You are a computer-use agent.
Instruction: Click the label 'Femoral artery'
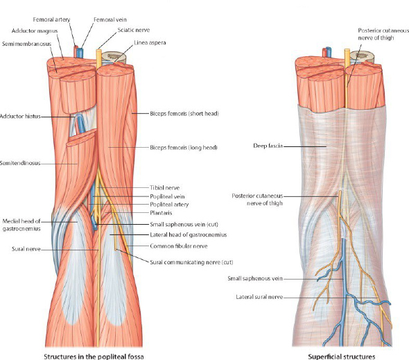51,19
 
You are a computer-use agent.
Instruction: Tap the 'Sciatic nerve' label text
134,30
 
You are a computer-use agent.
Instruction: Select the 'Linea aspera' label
150,42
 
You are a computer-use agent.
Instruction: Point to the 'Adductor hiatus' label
20,117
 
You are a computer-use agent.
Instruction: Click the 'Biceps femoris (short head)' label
184,114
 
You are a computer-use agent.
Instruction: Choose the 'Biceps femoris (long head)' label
184,148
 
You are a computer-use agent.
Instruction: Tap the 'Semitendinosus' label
20,163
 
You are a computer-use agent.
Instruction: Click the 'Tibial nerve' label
164,188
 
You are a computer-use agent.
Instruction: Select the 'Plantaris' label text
161,213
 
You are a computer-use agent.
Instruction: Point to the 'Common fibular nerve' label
178,246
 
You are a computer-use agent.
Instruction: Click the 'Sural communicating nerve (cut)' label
191,262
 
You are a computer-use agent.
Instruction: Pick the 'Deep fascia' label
268,146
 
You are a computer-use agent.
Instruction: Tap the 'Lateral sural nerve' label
259,297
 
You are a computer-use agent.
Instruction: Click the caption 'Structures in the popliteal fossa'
94,357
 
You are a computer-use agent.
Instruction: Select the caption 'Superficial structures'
342,357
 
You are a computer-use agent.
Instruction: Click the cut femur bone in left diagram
114,57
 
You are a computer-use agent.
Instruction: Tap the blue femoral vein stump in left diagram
80,53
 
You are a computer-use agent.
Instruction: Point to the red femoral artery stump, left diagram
76,52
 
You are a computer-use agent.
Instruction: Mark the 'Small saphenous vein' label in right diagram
255,279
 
